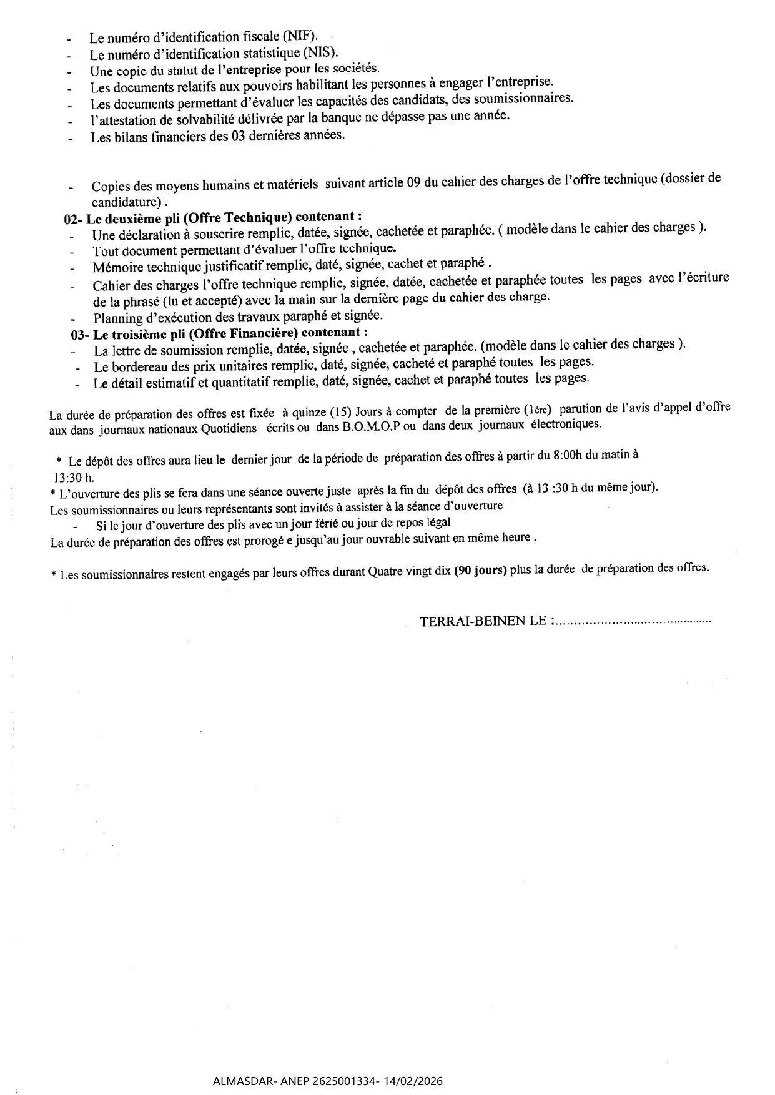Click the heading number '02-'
(74, 219)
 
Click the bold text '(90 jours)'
(480, 571)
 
